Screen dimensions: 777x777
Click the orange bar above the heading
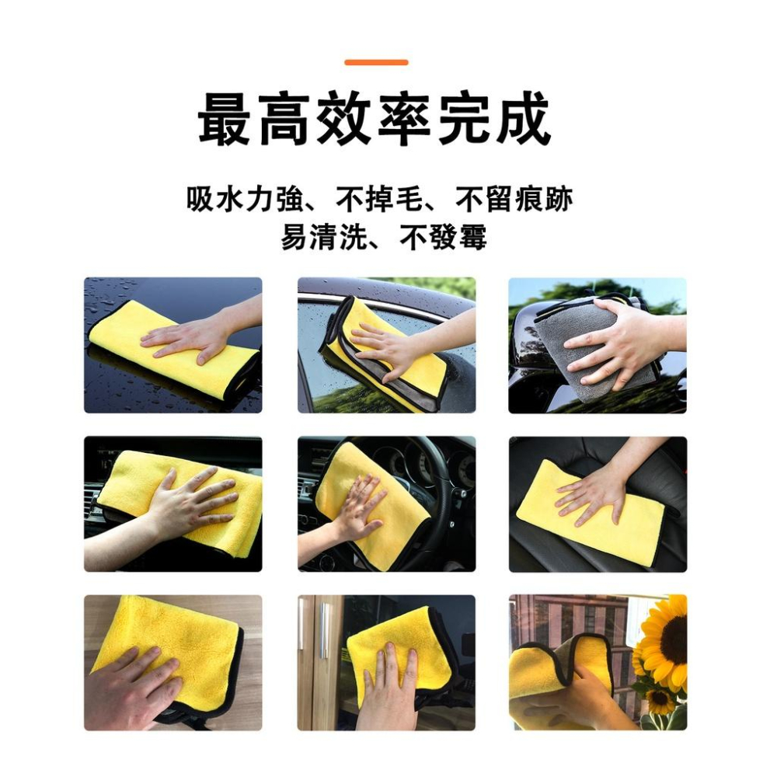pos(376,62)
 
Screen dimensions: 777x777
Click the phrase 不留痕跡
pos(514,200)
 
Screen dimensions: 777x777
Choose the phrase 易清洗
pos(319,237)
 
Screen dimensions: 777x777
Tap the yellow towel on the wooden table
pos(155,629)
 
